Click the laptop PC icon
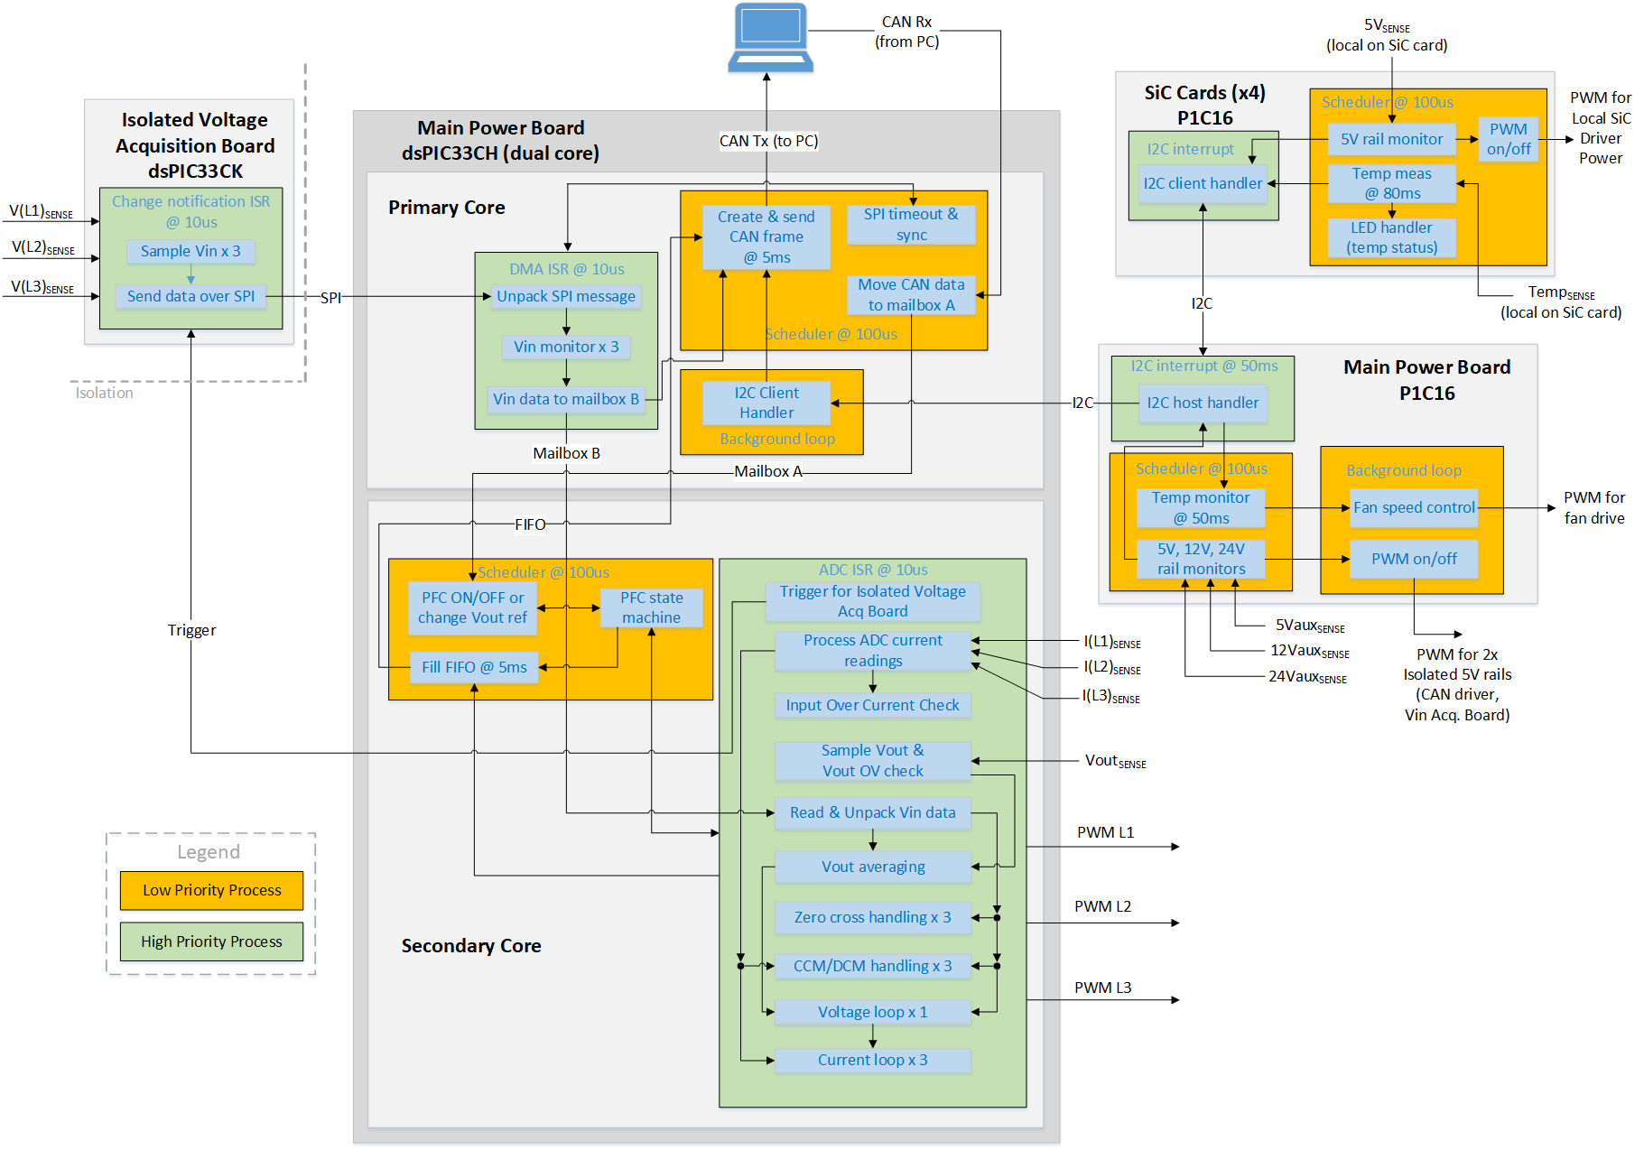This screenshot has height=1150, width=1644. (770, 38)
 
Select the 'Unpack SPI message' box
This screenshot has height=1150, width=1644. (566, 296)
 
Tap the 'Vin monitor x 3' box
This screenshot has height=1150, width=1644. (566, 347)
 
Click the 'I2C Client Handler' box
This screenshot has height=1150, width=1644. (766, 403)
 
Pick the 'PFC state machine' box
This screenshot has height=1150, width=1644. (651, 607)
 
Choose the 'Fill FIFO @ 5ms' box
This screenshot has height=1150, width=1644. (474, 667)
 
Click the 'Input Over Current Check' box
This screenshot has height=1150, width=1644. (872, 705)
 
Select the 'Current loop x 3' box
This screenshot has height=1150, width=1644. (872, 1060)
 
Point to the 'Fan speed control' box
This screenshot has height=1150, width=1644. (1414, 507)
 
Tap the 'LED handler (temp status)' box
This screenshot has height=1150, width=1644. (1391, 237)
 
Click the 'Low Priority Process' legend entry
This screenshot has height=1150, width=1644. (212, 890)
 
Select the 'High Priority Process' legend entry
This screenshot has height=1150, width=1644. (211, 941)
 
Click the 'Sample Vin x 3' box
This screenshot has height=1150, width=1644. (190, 251)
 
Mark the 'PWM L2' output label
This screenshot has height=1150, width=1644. (1102, 906)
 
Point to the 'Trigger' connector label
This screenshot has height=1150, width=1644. (191, 630)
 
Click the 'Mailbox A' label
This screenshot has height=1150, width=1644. (767, 471)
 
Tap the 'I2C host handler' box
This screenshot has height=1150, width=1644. (1203, 403)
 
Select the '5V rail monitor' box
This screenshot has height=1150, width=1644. (1391, 139)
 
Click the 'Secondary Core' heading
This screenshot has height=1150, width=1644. (471, 945)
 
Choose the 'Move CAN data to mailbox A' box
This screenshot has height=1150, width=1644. (911, 295)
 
